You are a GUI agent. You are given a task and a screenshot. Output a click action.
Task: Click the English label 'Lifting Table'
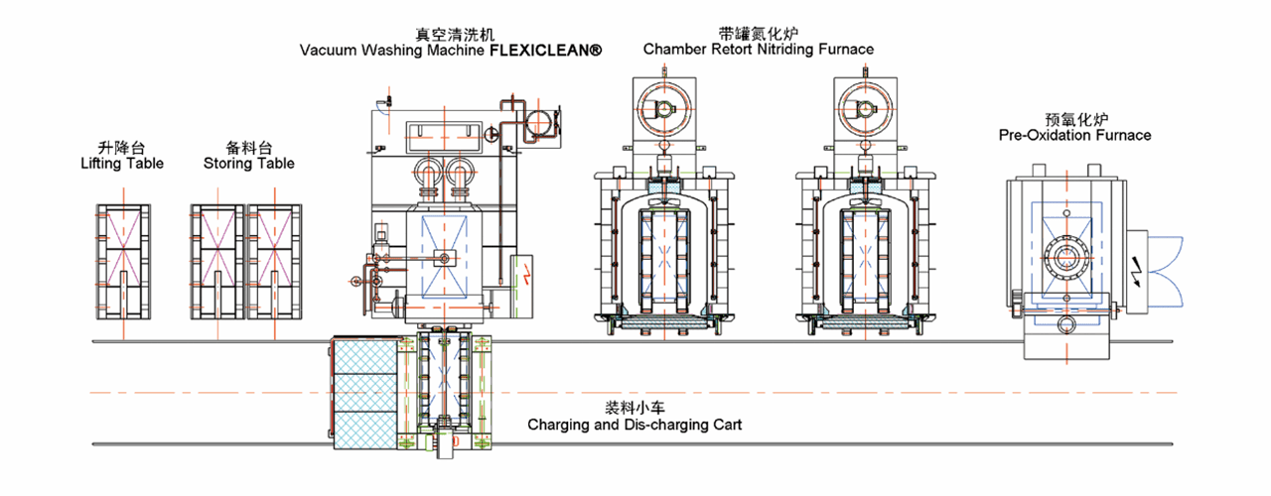tap(122, 164)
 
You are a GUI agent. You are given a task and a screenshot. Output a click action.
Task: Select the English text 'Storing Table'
tap(248, 164)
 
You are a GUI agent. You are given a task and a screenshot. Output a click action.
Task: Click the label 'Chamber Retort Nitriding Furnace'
tap(759, 49)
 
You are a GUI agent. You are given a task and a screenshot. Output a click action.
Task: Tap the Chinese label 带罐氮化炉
tap(759, 33)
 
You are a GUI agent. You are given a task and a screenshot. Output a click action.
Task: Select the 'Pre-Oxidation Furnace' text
tap(1074, 134)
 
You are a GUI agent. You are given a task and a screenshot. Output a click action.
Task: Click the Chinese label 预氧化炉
tap(1074, 118)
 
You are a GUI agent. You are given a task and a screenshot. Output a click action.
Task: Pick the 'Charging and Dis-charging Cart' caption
tap(635, 425)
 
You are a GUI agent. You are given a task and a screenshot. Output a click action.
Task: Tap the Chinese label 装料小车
tap(635, 408)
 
